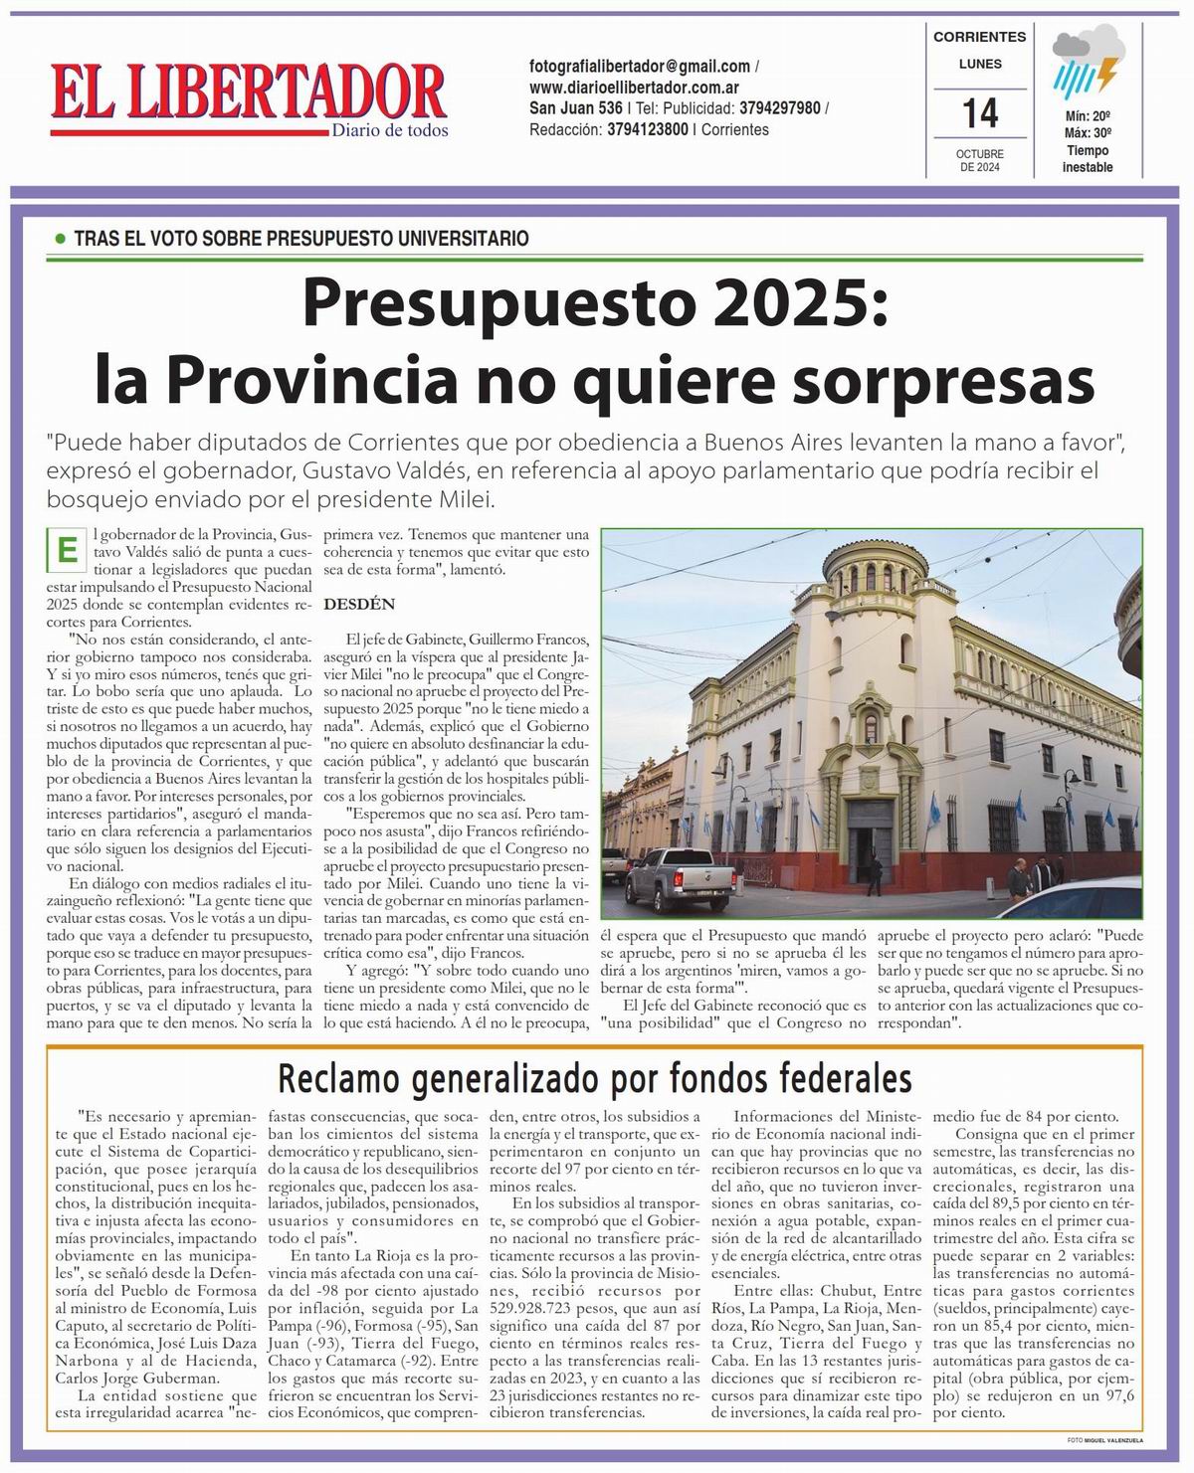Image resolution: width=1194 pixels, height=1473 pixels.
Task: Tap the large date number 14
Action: pos(980,112)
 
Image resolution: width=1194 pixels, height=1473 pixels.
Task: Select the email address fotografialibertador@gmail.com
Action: pos(640,67)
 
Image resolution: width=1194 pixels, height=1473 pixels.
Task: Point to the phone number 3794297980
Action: pos(780,108)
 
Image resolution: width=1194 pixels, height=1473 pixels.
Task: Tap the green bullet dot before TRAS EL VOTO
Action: pos(60,239)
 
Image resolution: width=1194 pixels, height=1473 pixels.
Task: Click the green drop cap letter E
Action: pos(67,549)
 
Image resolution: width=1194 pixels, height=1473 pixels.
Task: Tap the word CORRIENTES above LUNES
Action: pos(979,37)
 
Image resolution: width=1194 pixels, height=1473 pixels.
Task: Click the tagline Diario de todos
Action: pos(389,130)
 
